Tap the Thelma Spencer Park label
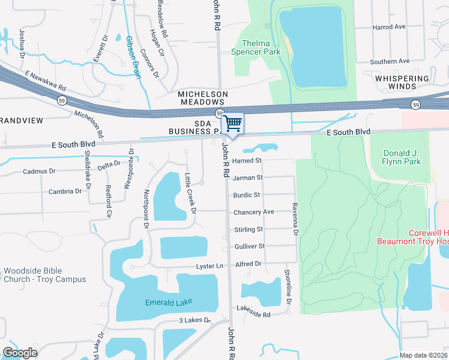[x=261, y=47]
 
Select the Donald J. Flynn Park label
[x=402, y=157]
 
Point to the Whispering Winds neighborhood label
[x=402, y=83]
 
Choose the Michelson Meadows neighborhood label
[x=203, y=98]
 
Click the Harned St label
[x=247, y=161]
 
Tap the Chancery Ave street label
[x=253, y=212]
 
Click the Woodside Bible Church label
[x=44, y=275]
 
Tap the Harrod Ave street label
[x=389, y=27]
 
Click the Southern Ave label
[x=390, y=61]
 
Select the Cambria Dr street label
[x=65, y=191]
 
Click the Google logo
[x=20, y=352]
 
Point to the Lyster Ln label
[x=209, y=266]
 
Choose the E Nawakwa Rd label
[x=45, y=82]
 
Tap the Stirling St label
[x=248, y=229]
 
